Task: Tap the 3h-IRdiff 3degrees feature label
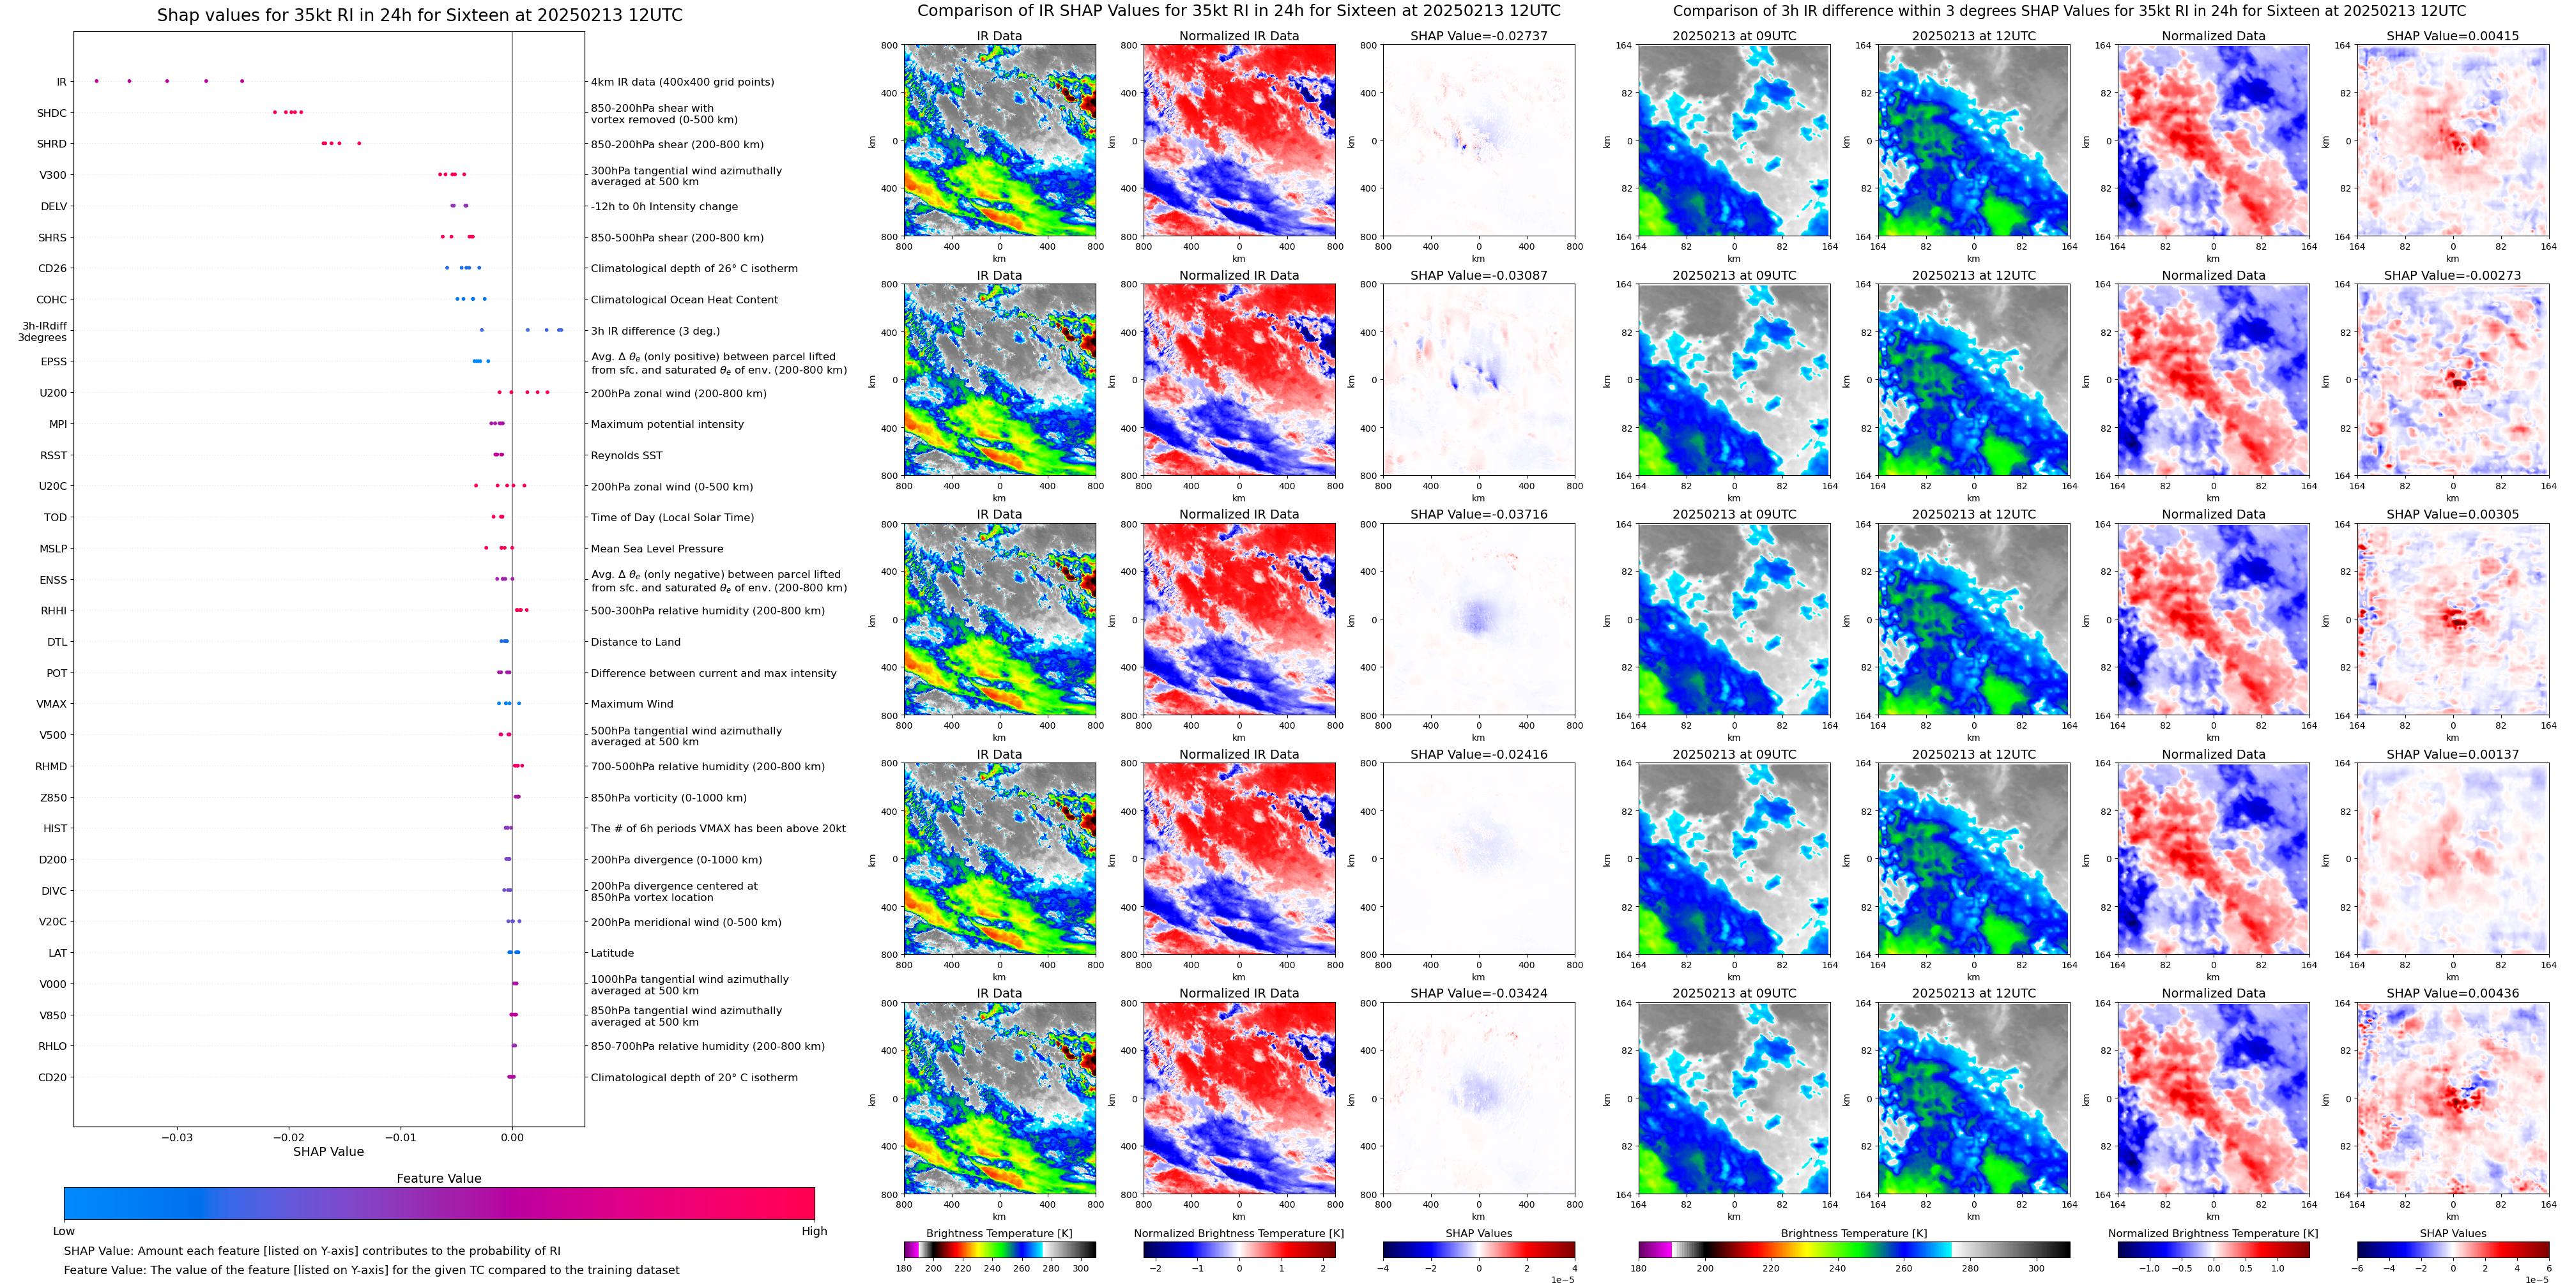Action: (43, 331)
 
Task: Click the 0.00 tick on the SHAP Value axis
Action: (512, 1137)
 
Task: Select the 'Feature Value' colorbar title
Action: (438, 1178)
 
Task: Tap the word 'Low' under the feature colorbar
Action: (64, 1231)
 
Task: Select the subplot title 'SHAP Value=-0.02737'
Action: (1479, 36)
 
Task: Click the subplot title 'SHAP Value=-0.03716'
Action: (1479, 515)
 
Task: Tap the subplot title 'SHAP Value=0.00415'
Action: (2453, 36)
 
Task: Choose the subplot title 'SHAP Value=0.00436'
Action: (2453, 993)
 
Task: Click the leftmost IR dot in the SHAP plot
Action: (96, 80)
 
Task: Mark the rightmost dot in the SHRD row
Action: (360, 143)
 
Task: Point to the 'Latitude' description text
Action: (613, 953)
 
